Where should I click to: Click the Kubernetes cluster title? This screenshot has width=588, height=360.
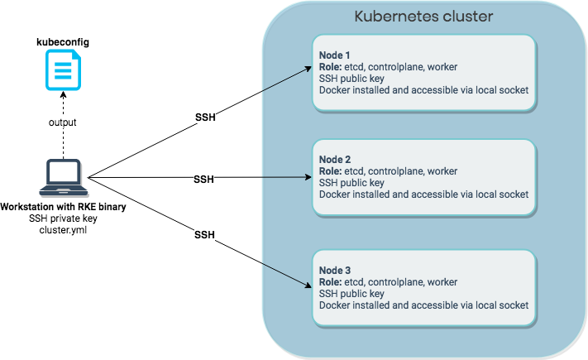(423, 17)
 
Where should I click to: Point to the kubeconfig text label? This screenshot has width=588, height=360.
(62, 41)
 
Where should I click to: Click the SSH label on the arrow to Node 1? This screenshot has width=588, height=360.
(205, 118)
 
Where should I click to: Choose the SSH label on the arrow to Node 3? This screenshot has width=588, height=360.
(204, 235)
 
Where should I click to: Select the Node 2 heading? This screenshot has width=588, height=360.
(336, 159)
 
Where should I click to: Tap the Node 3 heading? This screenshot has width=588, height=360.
(336, 270)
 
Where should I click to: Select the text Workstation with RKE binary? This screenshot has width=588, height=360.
(64, 206)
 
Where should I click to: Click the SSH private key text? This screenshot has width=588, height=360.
(64, 218)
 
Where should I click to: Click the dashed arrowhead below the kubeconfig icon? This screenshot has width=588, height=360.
(62, 93)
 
